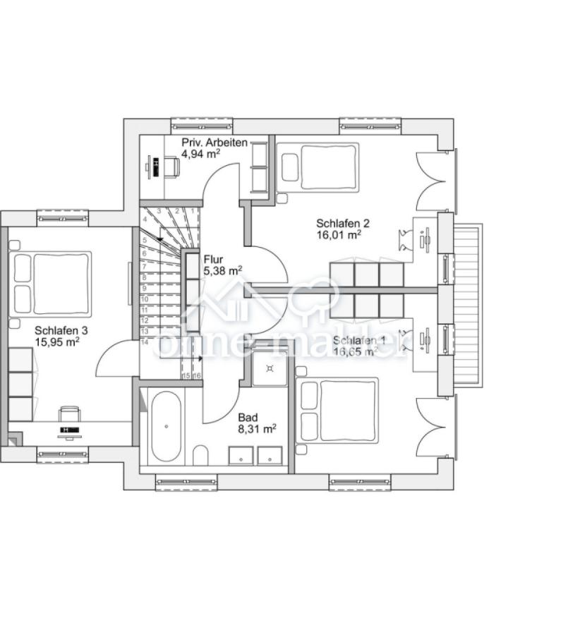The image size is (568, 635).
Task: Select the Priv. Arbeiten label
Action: click(x=214, y=143)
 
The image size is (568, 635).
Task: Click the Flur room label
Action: click(x=213, y=259)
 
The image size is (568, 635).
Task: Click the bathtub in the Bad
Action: click(x=166, y=426)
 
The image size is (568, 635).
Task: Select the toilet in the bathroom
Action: click(x=200, y=458)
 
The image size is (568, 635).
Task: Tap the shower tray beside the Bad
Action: click(x=269, y=368)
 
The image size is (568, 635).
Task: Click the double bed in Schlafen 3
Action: click(x=52, y=283)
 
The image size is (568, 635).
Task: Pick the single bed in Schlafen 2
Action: click(x=318, y=166)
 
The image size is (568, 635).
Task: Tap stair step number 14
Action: click(x=145, y=342)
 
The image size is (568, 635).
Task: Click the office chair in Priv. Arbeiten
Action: click(x=171, y=167)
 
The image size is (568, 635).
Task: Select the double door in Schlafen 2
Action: click(x=432, y=181)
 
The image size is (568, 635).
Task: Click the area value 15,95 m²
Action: click(x=56, y=341)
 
